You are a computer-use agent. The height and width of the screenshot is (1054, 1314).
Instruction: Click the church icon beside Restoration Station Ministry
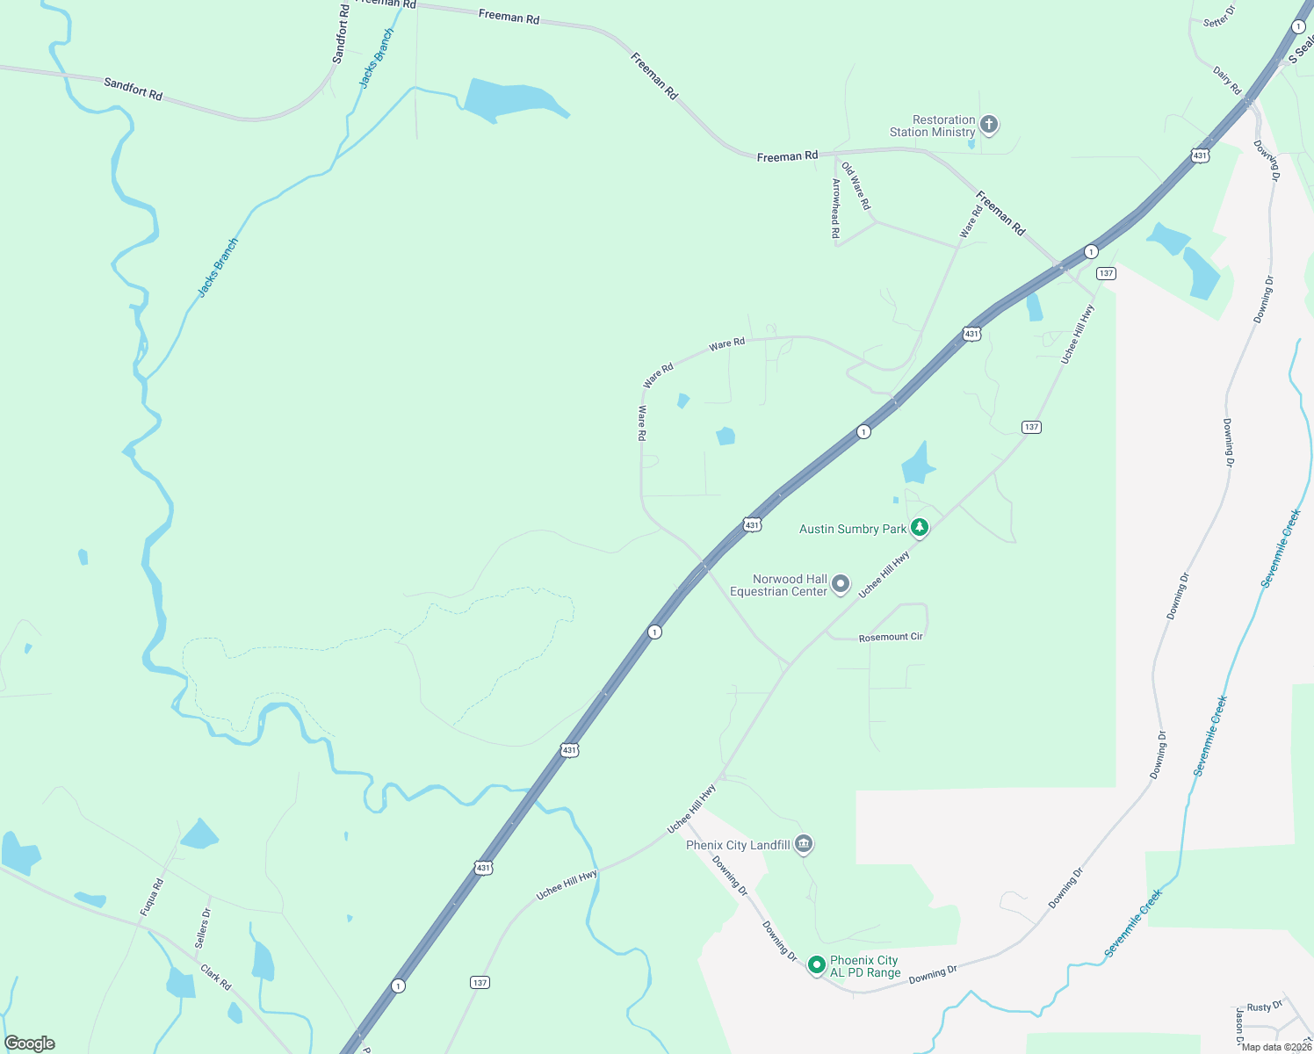(989, 125)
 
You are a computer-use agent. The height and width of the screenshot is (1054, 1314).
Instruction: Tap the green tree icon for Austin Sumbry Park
(920, 528)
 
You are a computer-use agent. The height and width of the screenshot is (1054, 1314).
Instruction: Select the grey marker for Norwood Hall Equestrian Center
(841, 584)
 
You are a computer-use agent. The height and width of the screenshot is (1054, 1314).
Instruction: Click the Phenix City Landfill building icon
(804, 844)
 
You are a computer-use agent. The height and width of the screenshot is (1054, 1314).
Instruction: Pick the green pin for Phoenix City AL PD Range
(816, 965)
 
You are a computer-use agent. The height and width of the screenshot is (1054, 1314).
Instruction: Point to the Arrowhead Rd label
(836, 208)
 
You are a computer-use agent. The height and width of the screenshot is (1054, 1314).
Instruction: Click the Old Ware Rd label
(856, 185)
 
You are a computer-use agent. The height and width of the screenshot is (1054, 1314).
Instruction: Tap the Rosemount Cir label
(891, 637)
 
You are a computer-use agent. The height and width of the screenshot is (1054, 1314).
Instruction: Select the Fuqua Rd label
(152, 898)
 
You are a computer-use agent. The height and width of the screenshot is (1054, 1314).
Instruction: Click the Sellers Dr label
(203, 928)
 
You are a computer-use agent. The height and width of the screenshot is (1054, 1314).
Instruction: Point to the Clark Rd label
(215, 978)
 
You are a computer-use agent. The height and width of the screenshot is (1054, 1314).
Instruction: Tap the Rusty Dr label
(1265, 1007)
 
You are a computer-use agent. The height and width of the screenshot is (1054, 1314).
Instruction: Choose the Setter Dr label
(1219, 17)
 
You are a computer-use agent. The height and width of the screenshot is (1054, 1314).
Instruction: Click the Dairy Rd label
(1227, 80)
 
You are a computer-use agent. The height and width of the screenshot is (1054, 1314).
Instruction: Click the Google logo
(30, 1043)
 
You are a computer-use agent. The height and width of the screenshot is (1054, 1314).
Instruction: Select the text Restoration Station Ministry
(932, 126)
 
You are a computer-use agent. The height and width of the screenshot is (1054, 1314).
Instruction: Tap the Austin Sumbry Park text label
(852, 529)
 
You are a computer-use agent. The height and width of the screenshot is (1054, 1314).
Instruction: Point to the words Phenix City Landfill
(738, 845)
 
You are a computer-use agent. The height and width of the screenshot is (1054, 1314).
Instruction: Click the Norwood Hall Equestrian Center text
(779, 585)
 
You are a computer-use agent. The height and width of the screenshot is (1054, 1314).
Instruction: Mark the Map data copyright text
(1276, 1047)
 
